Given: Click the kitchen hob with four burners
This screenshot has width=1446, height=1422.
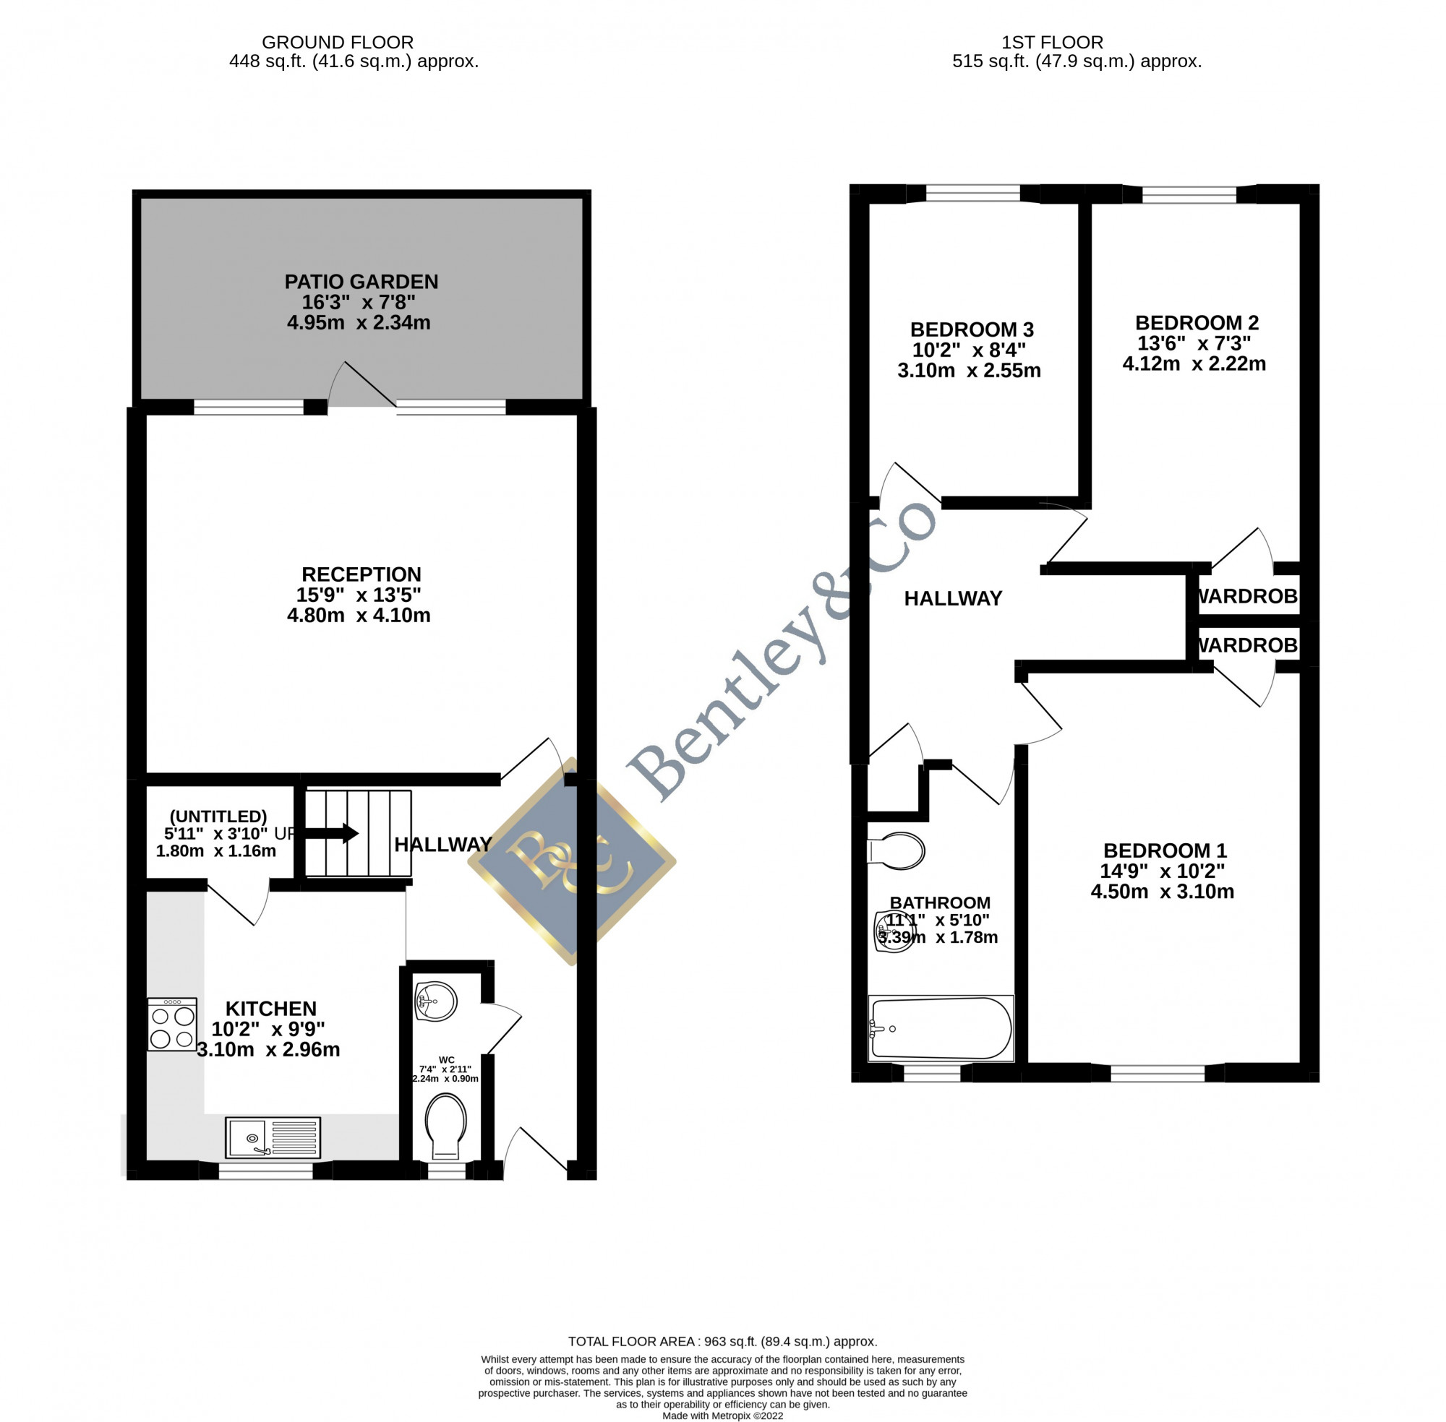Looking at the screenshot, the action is (172, 1024).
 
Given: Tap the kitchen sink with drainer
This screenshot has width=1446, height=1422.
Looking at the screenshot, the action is (273, 1137).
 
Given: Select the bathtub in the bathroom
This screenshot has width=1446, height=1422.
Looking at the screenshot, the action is (941, 1028).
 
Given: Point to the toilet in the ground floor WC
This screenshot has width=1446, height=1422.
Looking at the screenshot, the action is (445, 1126).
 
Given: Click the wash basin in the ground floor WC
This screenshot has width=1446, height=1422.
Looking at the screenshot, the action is (436, 1001).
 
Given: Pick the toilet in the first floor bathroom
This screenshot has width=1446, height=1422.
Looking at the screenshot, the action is (896, 850).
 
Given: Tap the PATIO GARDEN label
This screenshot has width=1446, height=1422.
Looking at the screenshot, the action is (361, 283).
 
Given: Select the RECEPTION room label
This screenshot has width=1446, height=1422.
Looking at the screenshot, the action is (361, 574).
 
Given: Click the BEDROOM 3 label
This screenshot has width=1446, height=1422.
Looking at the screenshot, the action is (972, 329).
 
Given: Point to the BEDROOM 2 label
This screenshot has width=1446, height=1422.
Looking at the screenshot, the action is (1197, 323).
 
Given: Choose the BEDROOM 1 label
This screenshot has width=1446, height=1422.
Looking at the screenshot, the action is (1165, 850).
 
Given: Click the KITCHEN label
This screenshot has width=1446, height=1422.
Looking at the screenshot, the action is (270, 1008).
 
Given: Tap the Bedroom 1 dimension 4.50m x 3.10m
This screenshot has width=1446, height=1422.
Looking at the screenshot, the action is (1162, 891).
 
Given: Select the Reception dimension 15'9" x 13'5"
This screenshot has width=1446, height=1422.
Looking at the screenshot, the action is (359, 595).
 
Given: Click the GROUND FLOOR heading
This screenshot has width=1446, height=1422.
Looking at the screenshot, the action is (337, 43).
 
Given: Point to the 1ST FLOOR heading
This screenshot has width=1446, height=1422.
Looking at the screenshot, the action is (1052, 43).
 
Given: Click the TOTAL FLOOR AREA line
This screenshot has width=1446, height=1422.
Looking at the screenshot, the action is (722, 1341).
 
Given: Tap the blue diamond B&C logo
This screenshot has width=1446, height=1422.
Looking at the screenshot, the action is (572, 861).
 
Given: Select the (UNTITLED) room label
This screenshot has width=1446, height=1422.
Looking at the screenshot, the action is (218, 816).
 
